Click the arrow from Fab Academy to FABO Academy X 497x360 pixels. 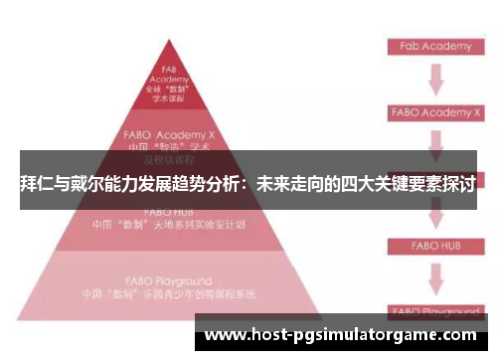[435, 80]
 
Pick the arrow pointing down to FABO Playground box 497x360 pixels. [435, 277]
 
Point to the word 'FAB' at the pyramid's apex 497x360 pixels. [168, 69]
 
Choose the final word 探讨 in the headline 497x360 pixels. [456, 185]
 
